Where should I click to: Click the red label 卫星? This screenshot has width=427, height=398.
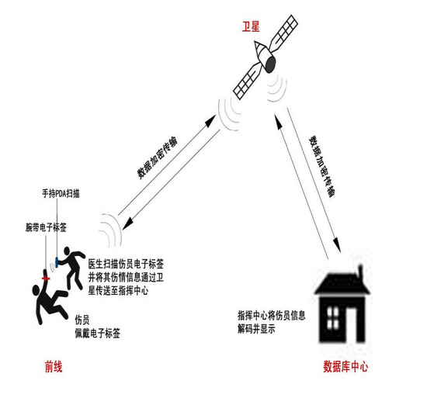(x=251, y=26)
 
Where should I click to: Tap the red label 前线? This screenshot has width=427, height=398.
(x=54, y=366)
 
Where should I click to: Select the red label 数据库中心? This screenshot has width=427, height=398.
(x=345, y=366)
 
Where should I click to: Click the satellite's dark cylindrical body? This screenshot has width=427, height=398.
(x=269, y=64)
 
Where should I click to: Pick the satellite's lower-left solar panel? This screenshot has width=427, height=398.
(x=247, y=81)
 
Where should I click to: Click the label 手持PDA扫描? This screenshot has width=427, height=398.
(x=61, y=194)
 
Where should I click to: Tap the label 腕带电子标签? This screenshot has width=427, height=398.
(x=46, y=227)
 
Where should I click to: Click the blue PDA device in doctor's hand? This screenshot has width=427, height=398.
(x=57, y=262)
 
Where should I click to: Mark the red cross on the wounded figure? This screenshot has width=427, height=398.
(x=46, y=279)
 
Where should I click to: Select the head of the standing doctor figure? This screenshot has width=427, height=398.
(x=67, y=251)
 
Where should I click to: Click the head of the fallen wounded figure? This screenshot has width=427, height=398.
(x=36, y=290)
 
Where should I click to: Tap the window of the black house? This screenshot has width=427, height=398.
(x=332, y=318)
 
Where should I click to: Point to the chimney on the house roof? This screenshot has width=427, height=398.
(x=361, y=272)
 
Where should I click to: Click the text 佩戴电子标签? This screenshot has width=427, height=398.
(x=98, y=334)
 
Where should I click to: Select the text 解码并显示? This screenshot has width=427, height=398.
(x=256, y=329)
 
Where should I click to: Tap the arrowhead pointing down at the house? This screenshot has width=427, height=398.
(x=337, y=245)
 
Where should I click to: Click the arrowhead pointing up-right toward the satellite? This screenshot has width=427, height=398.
(x=210, y=121)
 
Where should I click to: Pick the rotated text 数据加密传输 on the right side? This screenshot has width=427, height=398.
(x=322, y=166)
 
